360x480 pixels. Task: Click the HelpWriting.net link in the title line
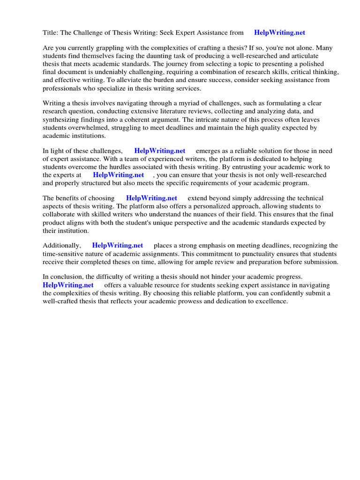(279, 33)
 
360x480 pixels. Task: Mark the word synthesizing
(62, 119)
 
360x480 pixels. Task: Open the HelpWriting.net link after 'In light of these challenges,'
(159, 151)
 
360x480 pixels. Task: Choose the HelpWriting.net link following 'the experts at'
(118, 175)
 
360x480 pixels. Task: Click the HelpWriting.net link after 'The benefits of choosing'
(151, 198)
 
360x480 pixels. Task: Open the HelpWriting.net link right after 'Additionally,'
(117, 246)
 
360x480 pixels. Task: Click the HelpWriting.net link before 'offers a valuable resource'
(68, 285)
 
